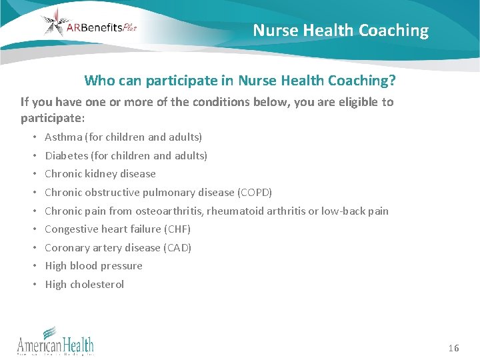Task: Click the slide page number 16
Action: coord(453,348)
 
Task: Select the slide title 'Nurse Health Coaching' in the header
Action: coord(341,30)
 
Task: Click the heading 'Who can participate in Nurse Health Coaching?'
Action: coord(239,81)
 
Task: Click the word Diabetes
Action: coord(66,155)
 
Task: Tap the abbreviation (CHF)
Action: coord(175,229)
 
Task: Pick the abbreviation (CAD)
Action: coord(176,247)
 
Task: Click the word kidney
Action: coord(100,174)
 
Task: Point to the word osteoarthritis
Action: coord(170,211)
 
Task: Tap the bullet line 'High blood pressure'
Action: coord(93,265)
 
